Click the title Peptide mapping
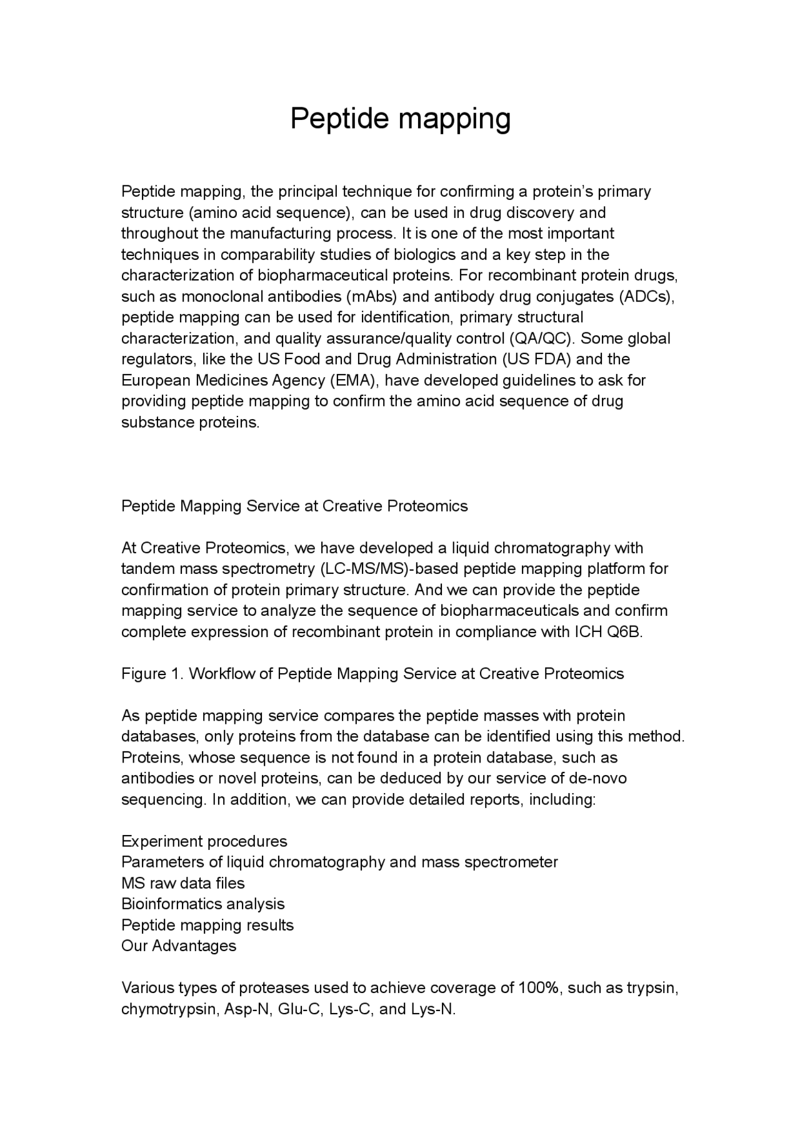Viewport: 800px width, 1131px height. pos(400,119)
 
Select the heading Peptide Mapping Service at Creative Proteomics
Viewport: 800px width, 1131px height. pos(294,506)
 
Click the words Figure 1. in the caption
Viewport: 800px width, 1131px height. pos(152,673)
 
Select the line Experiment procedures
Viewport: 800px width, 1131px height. pos(204,841)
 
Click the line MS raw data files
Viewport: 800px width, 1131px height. pos(183,883)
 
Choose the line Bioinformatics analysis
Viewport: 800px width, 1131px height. pos(203,904)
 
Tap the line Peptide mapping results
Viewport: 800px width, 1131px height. pos(207,925)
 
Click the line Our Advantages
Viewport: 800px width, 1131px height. pos(179,946)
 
